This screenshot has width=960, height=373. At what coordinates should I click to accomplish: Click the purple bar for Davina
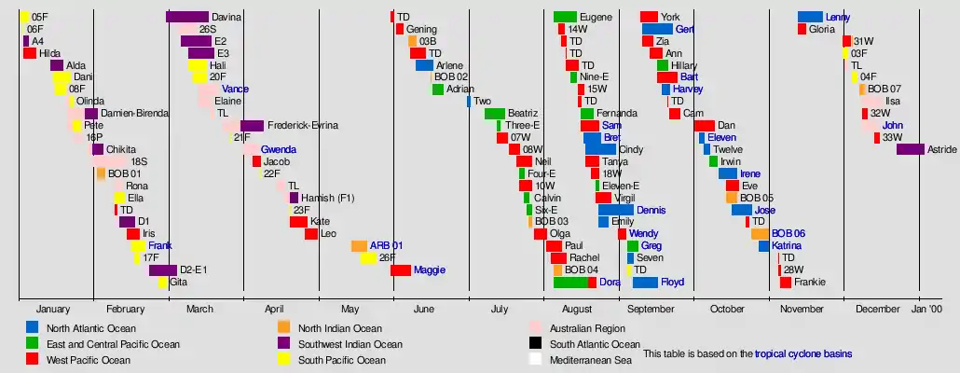coord(186,17)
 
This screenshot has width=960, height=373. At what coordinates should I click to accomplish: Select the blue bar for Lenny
coord(810,17)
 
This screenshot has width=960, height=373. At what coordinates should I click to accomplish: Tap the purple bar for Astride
coord(910,149)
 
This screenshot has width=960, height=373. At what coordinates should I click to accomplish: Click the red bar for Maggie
coord(401,270)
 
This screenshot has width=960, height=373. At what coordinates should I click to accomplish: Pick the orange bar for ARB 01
coord(359,246)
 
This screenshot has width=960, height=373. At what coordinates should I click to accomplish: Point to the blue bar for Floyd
coord(645,283)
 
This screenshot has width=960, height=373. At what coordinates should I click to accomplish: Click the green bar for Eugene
coord(565,17)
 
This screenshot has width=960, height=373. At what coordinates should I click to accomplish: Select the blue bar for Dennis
coord(615,210)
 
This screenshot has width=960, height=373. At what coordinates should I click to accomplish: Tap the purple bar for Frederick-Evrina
coord(252,126)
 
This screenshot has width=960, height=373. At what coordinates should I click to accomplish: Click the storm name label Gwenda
coord(279,149)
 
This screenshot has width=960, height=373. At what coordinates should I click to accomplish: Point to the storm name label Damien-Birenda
coord(134,114)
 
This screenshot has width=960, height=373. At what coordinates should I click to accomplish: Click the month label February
coord(125,309)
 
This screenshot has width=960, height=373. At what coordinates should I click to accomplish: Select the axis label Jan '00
coord(926,309)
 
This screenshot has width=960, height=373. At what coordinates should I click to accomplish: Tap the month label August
coord(577,309)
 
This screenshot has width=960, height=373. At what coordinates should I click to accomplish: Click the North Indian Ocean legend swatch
coord(284,327)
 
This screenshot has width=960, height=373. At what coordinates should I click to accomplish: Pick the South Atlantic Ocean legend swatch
coord(536,343)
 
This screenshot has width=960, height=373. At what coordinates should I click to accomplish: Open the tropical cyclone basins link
coord(803,354)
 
